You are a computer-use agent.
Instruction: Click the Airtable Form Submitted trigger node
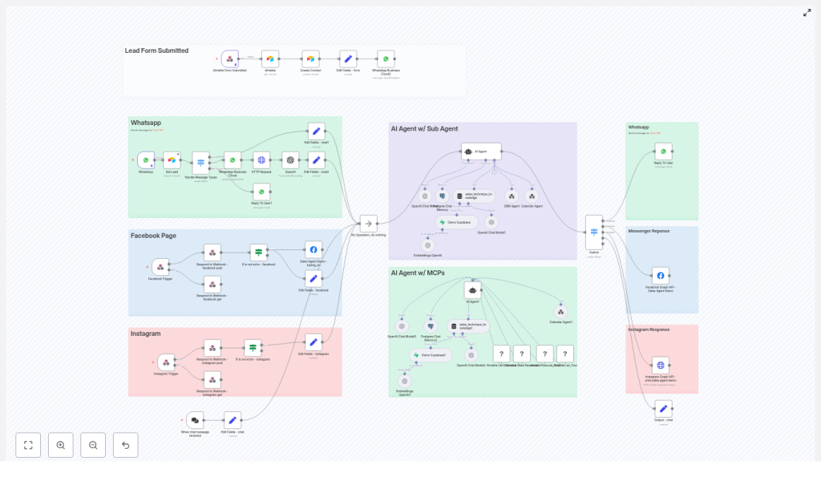[230, 59]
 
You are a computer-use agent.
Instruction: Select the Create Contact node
[310, 59]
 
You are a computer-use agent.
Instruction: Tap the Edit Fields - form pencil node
[348, 59]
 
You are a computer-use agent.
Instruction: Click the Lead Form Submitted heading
[157, 51]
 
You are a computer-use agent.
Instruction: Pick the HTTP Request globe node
[261, 160]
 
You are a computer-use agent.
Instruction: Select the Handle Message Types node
[200, 161]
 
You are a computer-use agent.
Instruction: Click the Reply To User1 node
[261, 191]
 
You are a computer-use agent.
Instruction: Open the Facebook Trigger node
[160, 267]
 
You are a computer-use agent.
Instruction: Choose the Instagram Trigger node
[166, 362]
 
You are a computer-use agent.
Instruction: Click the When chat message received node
[195, 419]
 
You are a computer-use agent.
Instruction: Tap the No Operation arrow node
[368, 224]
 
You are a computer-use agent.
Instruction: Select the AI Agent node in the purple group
[481, 151]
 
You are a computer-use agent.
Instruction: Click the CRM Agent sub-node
[511, 196]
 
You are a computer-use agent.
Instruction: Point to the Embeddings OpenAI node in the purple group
[427, 245]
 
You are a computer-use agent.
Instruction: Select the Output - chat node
[663, 408]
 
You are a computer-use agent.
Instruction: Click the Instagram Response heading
[649, 329]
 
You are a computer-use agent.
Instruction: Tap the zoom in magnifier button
[60, 445]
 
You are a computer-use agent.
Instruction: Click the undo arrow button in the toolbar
[125, 445]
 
